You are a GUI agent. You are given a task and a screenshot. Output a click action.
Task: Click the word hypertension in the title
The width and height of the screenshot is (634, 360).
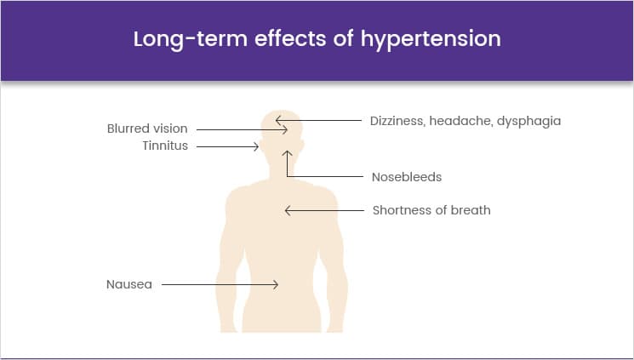(431, 40)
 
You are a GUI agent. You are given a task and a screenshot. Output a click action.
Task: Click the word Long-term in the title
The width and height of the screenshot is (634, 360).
(190, 40)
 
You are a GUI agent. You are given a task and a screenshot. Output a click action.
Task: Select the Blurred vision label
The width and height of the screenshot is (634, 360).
(147, 129)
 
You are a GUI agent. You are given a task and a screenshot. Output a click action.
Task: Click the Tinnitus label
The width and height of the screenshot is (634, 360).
(165, 146)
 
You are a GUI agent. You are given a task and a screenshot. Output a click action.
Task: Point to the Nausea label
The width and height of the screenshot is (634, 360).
(129, 284)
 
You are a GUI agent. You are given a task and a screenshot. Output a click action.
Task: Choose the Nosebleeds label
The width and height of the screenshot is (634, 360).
(407, 177)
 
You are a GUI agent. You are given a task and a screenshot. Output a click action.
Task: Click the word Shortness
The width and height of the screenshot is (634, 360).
(398, 210)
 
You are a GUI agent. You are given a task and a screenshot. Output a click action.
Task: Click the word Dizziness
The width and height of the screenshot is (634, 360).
(397, 121)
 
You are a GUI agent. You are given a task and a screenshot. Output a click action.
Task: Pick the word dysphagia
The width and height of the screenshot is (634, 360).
(528, 122)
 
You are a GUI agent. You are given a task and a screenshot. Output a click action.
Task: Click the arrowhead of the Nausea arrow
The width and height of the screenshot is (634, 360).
(277, 285)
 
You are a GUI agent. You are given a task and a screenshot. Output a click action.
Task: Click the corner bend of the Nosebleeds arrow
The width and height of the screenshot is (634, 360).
(287, 176)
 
